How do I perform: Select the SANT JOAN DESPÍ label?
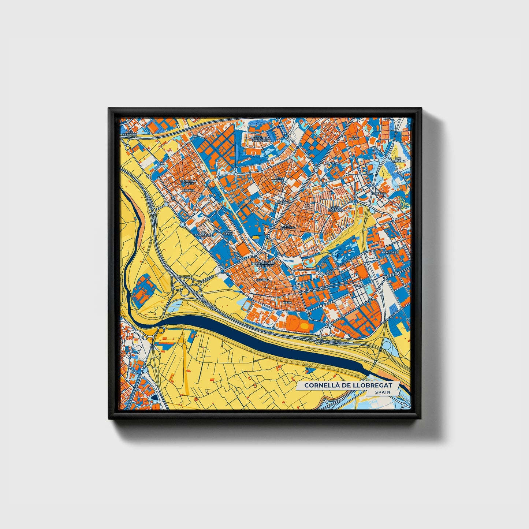coord(189,182)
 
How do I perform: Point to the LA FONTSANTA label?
coord(203,234)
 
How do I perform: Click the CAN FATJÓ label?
coord(228,232)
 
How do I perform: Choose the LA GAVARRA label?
coord(287,226)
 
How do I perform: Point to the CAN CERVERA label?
coord(398,160)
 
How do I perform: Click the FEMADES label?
coord(389,253)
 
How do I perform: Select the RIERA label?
coord(288,303)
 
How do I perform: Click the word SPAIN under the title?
coord(382,392)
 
